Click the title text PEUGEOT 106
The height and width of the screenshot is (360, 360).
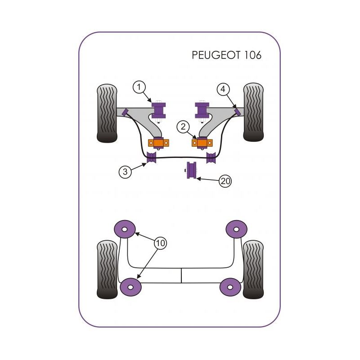(226, 55)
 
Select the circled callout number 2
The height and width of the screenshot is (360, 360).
(183, 127)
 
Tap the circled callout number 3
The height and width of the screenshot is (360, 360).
(126, 171)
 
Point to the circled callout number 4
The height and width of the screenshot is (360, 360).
(222, 89)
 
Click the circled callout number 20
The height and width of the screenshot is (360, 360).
(225, 181)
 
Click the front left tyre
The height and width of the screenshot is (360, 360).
(107, 113)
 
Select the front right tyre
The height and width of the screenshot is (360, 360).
(253, 112)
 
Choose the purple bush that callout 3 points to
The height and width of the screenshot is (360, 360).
(151, 158)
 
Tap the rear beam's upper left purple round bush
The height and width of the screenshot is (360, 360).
(126, 229)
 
